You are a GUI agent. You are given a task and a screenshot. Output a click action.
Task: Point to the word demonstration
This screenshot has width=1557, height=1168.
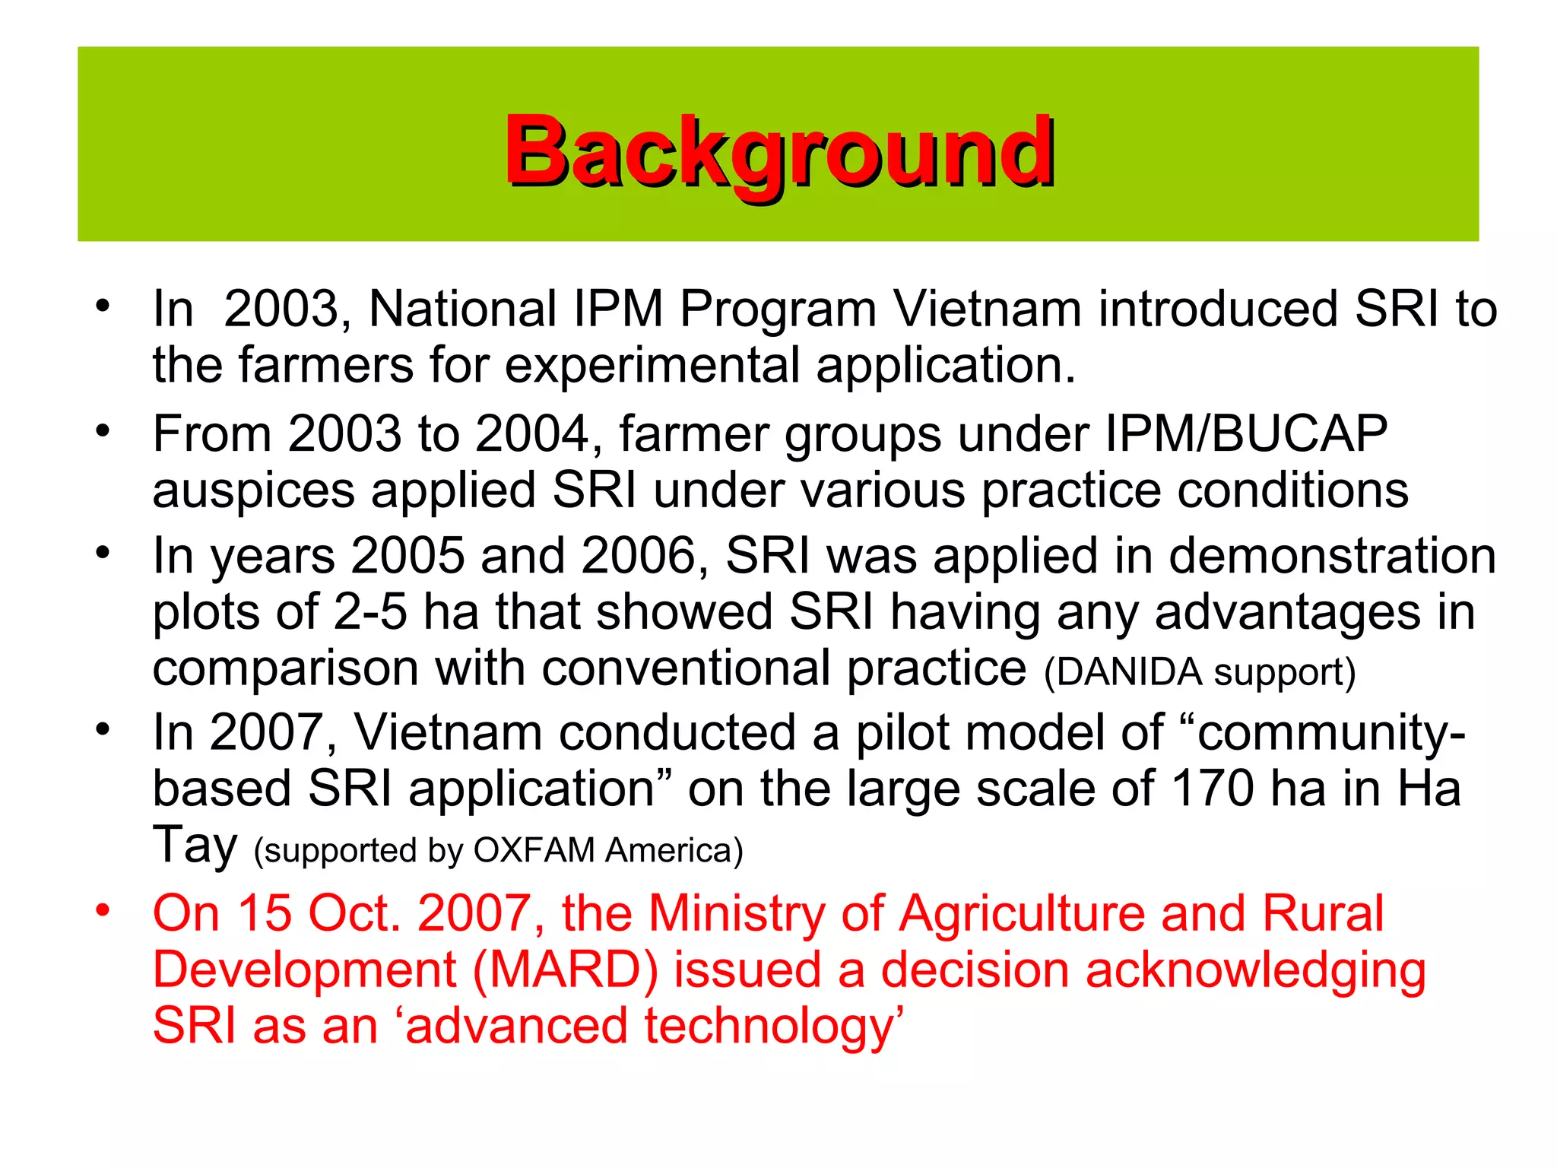(1332, 556)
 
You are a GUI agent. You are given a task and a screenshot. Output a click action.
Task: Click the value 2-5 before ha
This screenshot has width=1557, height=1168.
(370, 612)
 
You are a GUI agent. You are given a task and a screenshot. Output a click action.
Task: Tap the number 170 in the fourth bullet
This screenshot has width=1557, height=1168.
(1212, 789)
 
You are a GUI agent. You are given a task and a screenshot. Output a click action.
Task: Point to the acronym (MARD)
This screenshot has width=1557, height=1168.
(565, 970)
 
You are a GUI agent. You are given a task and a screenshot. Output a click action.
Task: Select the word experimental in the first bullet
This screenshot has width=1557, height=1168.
(652, 366)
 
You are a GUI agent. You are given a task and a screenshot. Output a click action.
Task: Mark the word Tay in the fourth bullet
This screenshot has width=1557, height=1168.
(195, 846)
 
